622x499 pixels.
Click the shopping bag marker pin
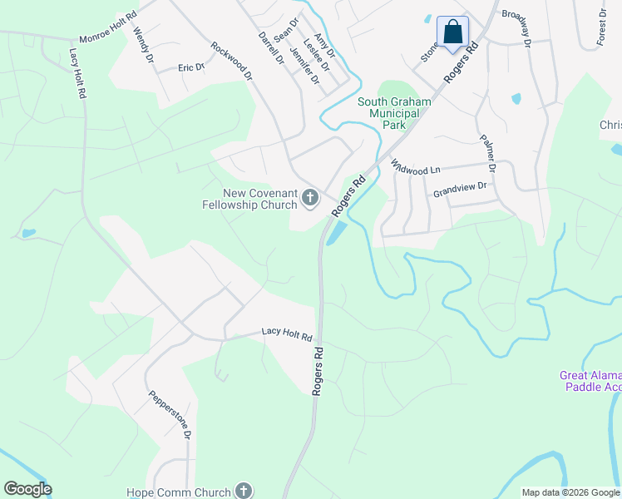pyautogui.click(x=452, y=33)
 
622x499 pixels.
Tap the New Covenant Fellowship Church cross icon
pyautogui.click(x=310, y=198)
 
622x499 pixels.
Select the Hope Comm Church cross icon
pyautogui.click(x=243, y=491)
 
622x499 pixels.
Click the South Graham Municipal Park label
pyautogui.click(x=394, y=113)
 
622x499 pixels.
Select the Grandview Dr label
pyautogui.click(x=460, y=190)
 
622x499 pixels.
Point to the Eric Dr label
pyautogui.click(x=191, y=67)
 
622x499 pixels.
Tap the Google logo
pyautogui.click(x=27, y=489)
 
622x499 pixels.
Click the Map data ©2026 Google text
pyautogui.click(x=571, y=492)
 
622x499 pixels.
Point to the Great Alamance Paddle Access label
pyautogui.click(x=590, y=381)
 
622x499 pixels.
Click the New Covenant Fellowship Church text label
pyautogui.click(x=248, y=199)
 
